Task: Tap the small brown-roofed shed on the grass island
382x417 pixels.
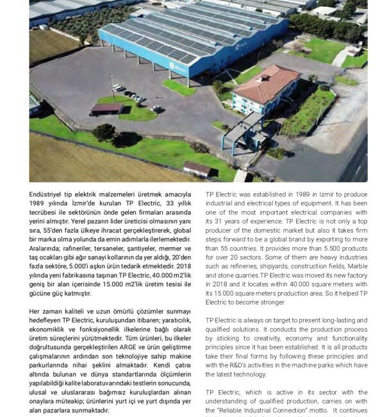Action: coord(106,108)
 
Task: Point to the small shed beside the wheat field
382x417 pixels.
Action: coord(197,169)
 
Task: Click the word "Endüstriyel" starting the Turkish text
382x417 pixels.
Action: coord(49,194)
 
